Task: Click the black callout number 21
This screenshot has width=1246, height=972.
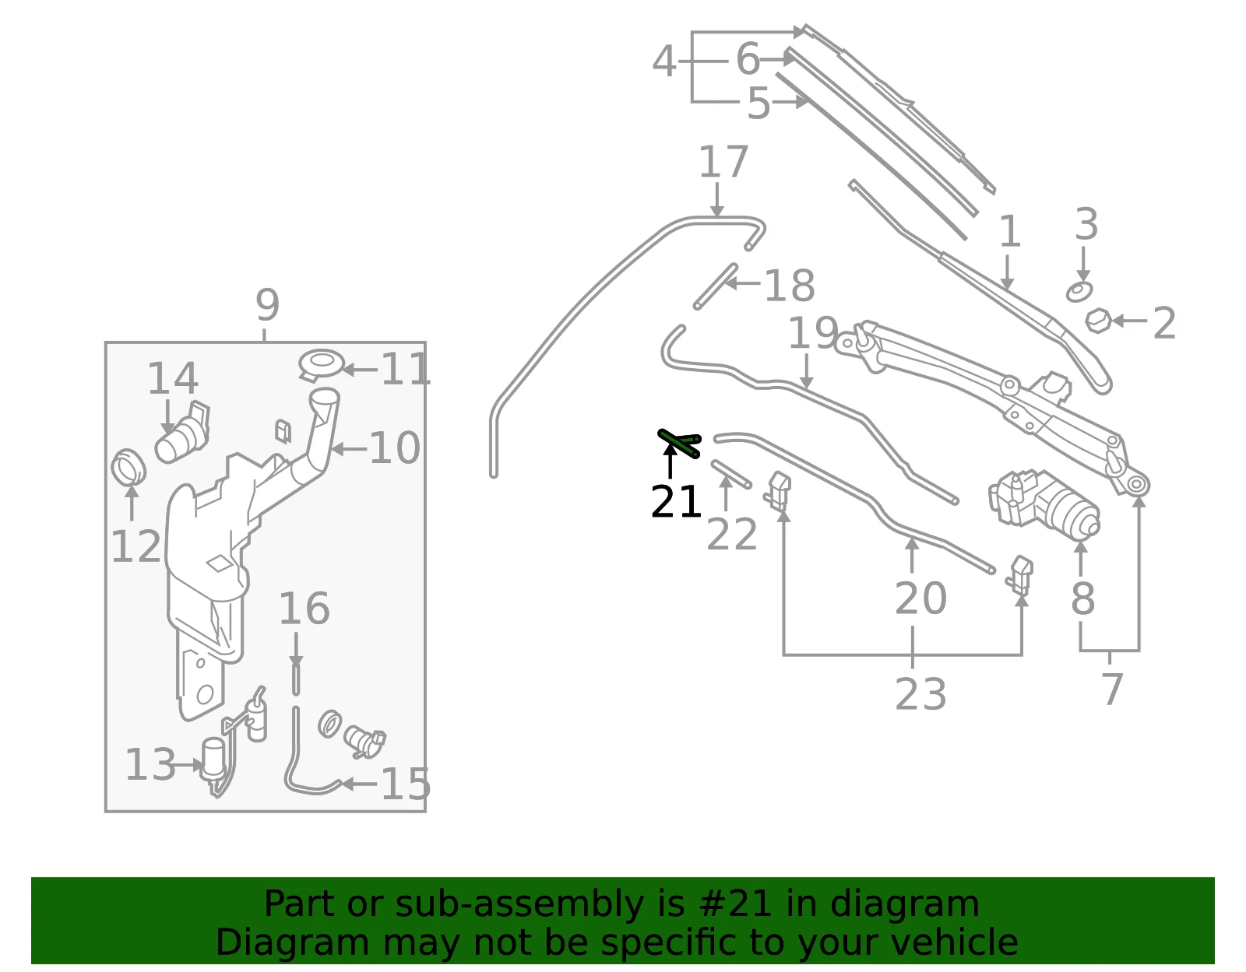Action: click(x=676, y=502)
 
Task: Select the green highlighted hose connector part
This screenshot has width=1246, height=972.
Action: click(x=680, y=444)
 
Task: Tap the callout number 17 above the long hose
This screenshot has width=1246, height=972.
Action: click(x=723, y=162)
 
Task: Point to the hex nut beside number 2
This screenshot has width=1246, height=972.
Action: click(x=1098, y=320)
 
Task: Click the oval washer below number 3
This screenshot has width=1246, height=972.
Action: click(x=1079, y=292)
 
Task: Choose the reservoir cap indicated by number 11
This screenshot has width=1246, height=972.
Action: click(x=322, y=364)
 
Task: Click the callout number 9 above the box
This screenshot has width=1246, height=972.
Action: click(x=267, y=305)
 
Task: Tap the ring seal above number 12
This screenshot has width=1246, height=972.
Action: click(x=128, y=468)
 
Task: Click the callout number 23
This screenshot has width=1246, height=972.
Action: click(x=920, y=693)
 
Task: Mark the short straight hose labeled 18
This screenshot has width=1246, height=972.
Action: click(x=715, y=286)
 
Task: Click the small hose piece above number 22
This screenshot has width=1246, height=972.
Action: click(x=731, y=474)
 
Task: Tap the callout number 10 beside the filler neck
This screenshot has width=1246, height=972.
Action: click(x=395, y=448)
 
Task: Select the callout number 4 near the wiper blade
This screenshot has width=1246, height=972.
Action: click(x=664, y=61)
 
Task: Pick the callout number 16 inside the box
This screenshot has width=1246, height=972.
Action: click(x=304, y=608)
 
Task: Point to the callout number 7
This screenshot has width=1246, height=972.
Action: click(x=1112, y=689)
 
